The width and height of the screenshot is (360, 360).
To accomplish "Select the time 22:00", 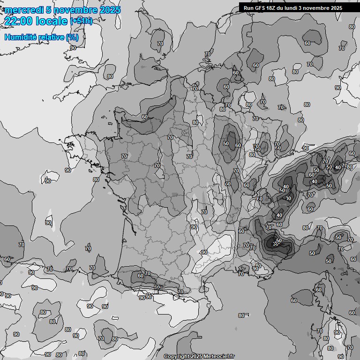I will click(x=19, y=21).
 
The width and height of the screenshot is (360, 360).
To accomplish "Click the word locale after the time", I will click(x=52, y=21).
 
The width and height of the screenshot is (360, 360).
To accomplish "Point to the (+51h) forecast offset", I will click(x=81, y=21).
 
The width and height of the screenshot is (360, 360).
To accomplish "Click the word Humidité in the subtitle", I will click(x=19, y=37).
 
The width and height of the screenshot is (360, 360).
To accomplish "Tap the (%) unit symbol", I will click(x=72, y=37).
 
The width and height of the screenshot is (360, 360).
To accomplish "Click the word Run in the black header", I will click(x=248, y=8).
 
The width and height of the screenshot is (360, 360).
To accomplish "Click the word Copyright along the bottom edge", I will click(x=176, y=356).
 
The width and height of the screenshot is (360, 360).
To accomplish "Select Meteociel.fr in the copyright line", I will click(x=218, y=356).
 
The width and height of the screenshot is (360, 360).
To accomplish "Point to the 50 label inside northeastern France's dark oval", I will click(x=226, y=143).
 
